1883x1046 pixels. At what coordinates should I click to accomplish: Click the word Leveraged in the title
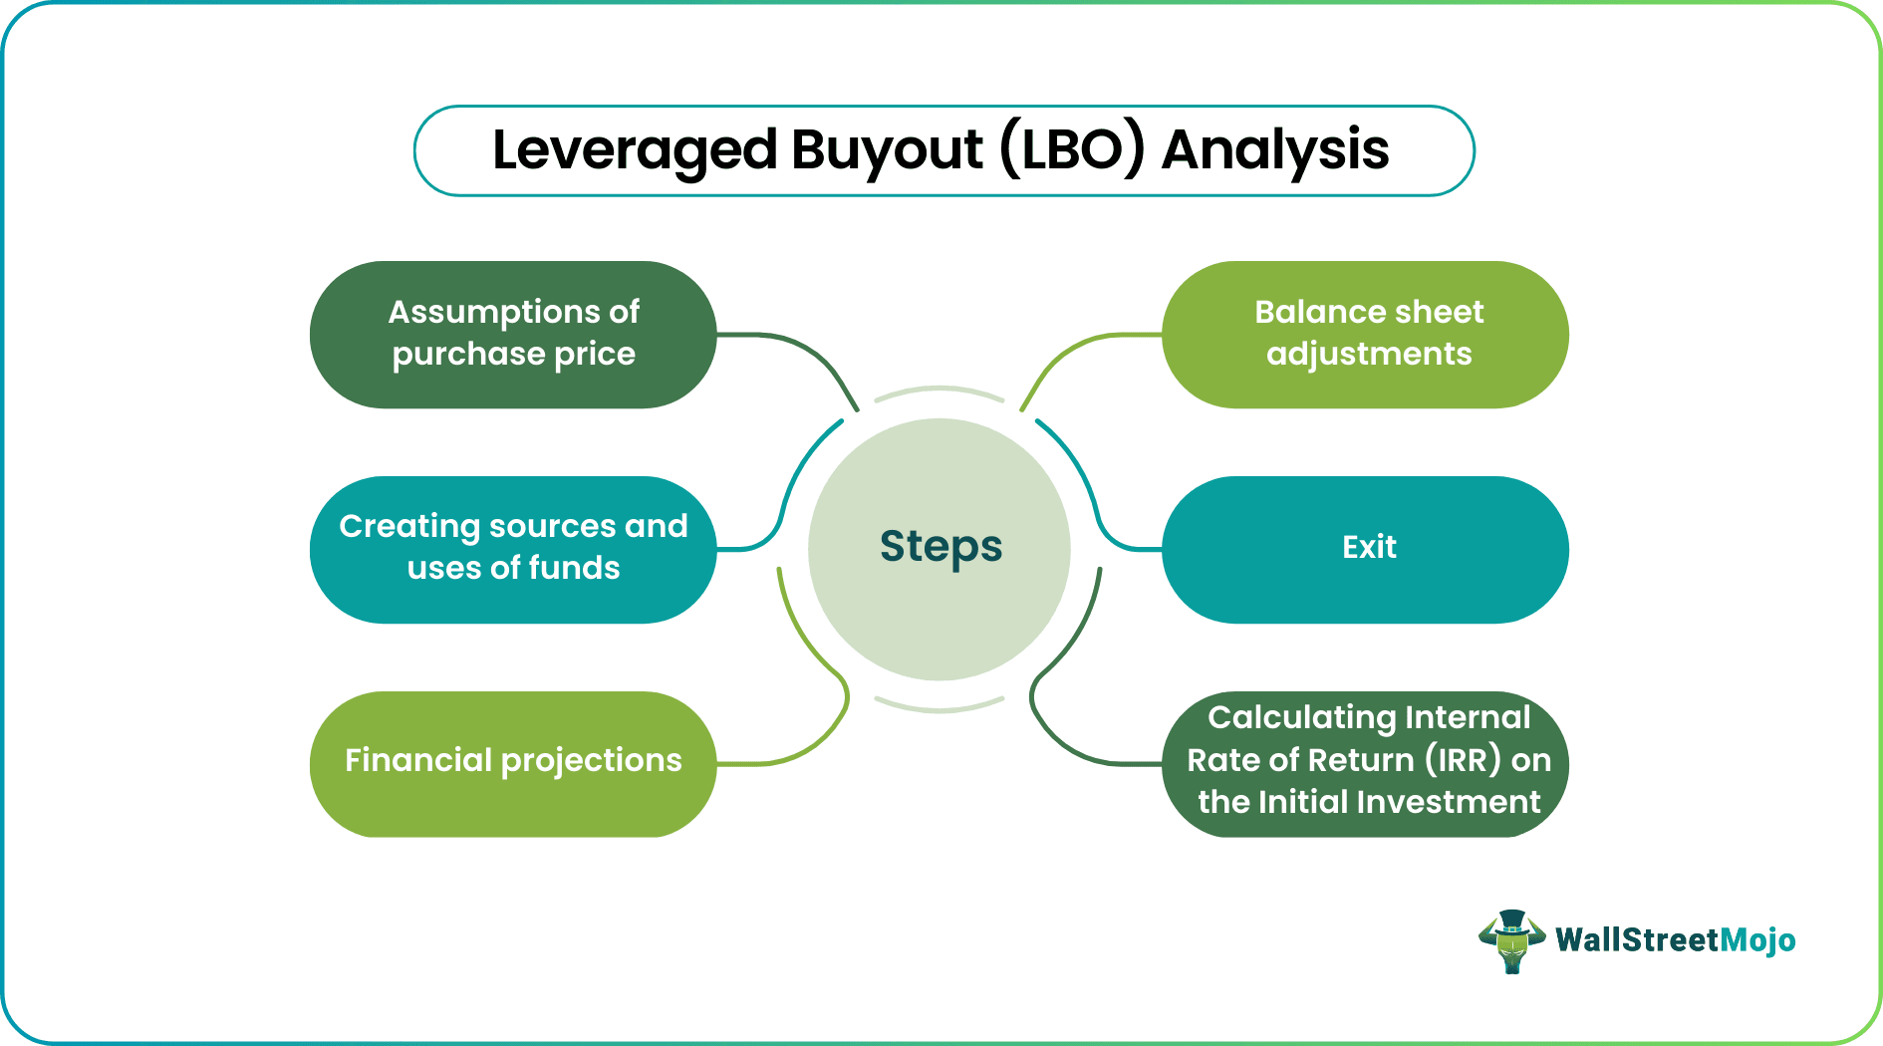click(634, 151)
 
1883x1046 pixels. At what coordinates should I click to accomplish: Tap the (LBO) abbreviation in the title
click(1072, 151)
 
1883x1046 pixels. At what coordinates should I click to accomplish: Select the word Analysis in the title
click(1274, 151)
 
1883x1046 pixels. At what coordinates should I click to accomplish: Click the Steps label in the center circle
click(941, 547)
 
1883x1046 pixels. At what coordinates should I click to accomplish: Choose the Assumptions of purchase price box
click(513, 334)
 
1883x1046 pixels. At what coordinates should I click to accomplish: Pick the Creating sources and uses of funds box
click(513, 548)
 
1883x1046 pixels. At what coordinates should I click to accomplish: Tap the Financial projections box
click(513, 762)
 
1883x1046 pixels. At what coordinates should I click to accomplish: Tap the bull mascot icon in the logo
click(1511, 940)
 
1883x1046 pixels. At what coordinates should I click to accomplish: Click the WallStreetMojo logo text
click(1675, 940)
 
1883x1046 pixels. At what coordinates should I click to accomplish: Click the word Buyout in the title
click(887, 151)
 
